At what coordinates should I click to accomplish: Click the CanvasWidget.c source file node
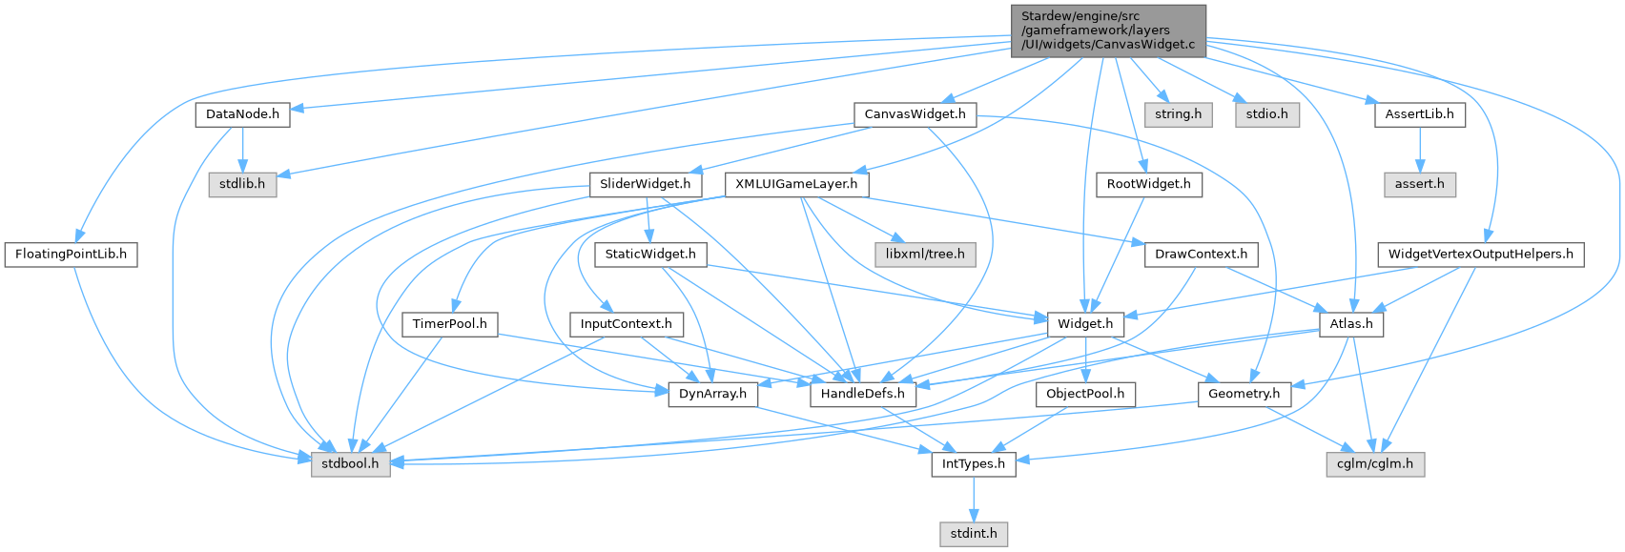click(1107, 31)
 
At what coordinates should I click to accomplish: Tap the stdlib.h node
click(242, 184)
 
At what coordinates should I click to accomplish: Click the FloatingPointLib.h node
click(72, 256)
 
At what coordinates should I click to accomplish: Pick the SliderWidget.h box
click(646, 184)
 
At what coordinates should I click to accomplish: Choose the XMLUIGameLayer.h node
click(796, 184)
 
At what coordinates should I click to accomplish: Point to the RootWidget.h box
click(1148, 184)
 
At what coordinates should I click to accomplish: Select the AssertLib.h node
click(1420, 114)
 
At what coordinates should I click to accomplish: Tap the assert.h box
click(1420, 184)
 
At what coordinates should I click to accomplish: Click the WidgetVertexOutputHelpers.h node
click(1480, 255)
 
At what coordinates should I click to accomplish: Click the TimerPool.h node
click(449, 324)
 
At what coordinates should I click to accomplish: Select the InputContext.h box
click(626, 324)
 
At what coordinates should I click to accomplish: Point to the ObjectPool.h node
click(1085, 394)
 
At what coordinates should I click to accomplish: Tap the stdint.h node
click(973, 533)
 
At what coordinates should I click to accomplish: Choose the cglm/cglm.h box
click(1374, 464)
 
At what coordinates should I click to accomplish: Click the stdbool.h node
click(351, 464)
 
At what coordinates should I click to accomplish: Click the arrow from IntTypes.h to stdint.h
click(973, 499)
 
